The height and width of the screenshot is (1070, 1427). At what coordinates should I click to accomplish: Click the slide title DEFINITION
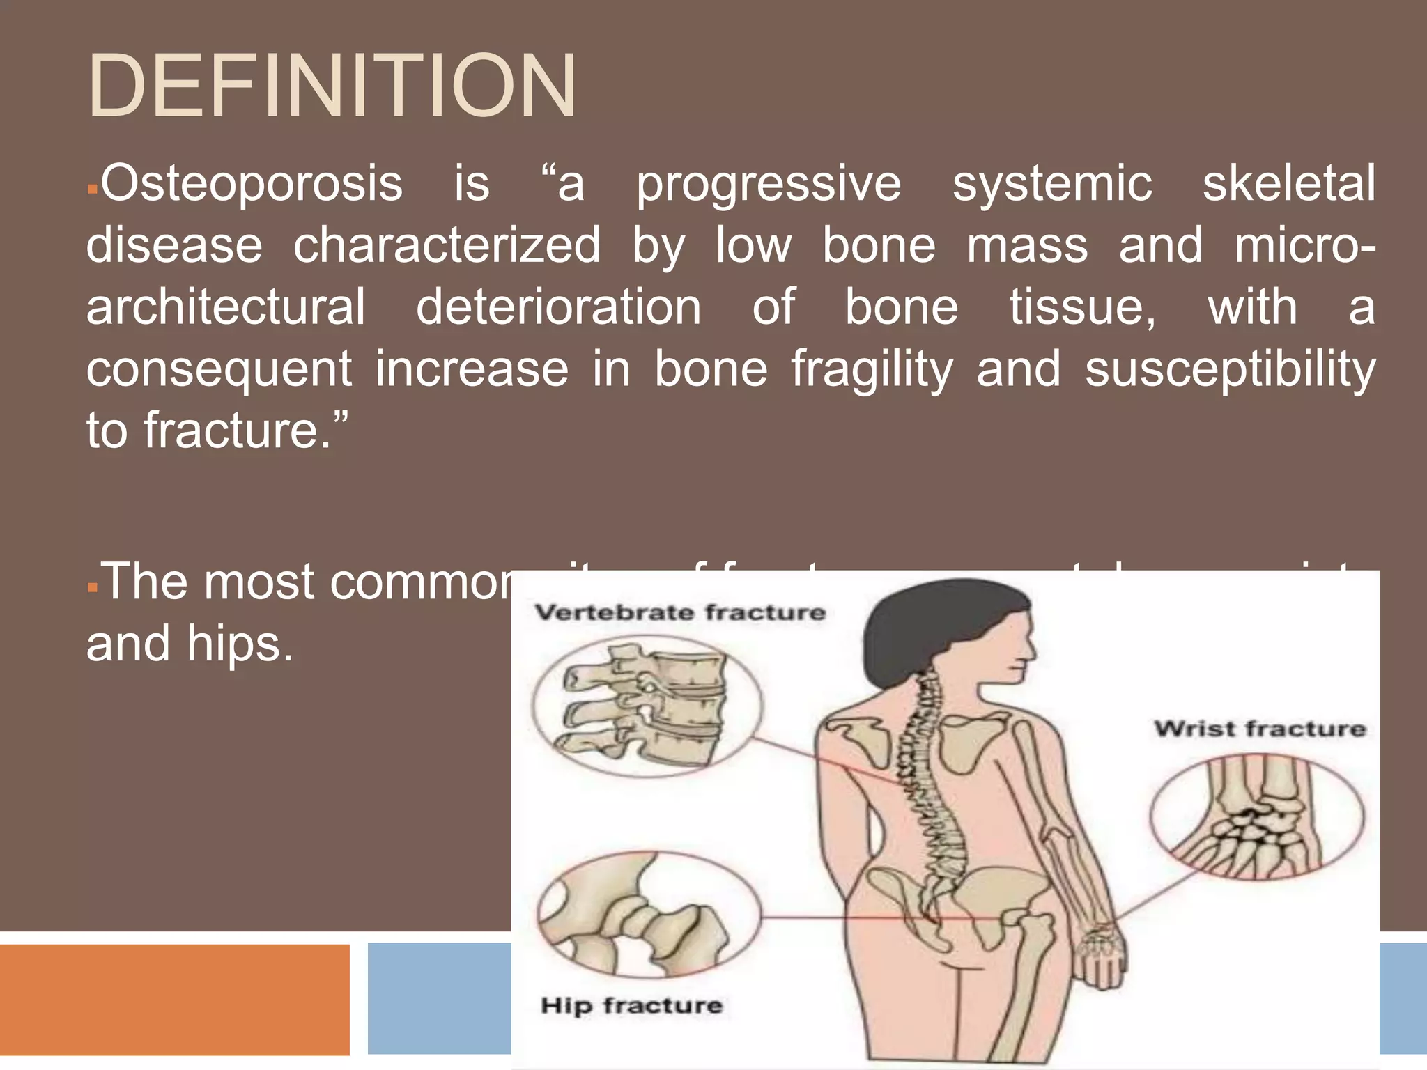coord(332,86)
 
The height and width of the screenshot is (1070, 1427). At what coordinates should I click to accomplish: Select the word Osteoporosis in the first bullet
coord(252,184)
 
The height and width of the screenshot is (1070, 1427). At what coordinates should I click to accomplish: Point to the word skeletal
coord(1289,184)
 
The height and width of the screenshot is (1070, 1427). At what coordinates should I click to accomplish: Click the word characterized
coord(447,245)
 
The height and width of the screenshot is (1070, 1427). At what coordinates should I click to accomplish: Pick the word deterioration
coord(558,307)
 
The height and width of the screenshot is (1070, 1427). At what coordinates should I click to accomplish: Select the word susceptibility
coord(1230,369)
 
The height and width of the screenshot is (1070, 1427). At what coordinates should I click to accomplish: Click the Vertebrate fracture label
coord(680,613)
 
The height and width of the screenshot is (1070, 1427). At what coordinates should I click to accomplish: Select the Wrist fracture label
coord(1260,729)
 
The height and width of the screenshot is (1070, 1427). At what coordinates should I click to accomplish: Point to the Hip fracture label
coord(631,1005)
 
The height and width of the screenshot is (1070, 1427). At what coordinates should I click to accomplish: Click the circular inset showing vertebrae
coord(647,705)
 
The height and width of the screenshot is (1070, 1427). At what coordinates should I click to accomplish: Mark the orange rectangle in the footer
coord(174,999)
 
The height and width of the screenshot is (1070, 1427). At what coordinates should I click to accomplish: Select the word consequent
coord(219,369)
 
